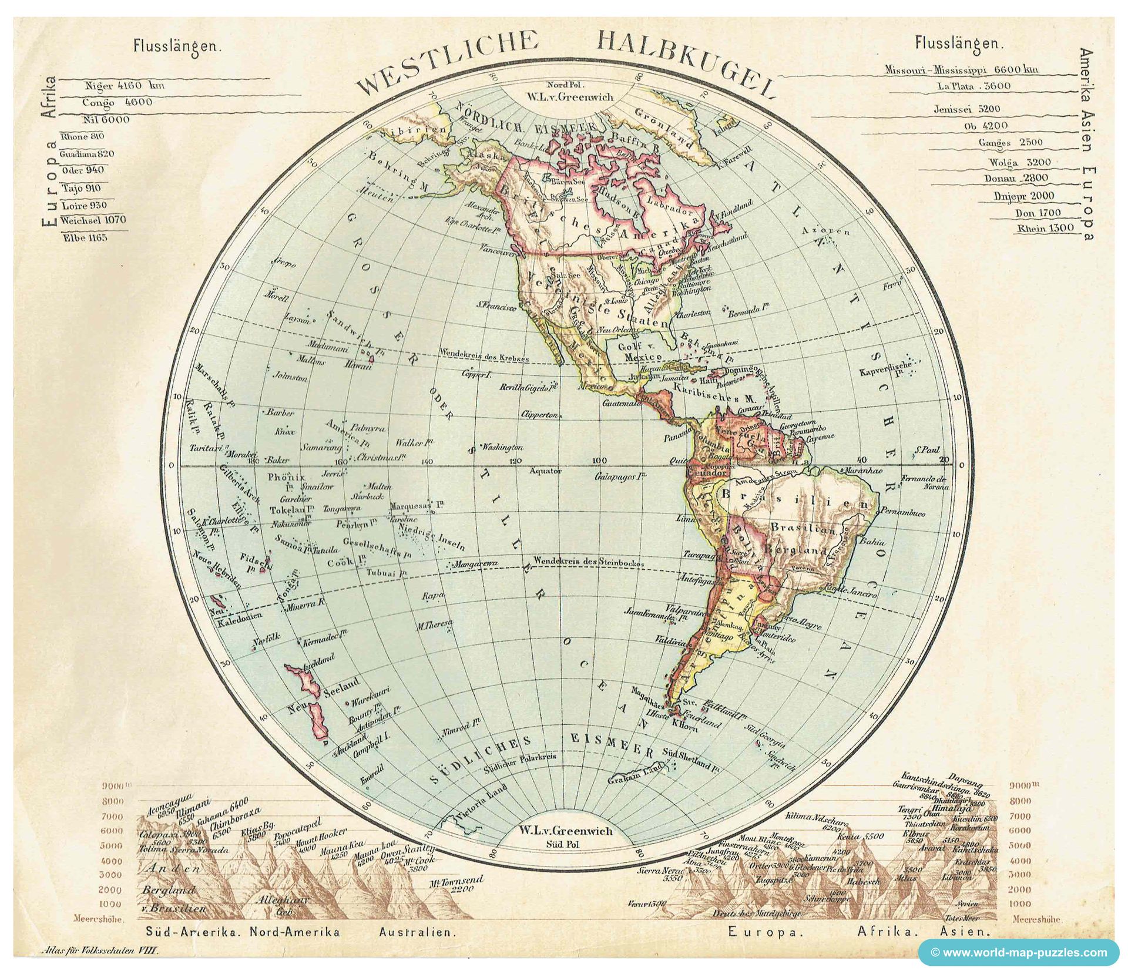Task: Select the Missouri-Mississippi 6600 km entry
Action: pyautogui.click(x=961, y=70)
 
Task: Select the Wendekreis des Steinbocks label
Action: pyautogui.click(x=589, y=562)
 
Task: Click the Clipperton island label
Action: pyautogui.click(x=540, y=415)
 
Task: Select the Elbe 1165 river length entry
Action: pyautogui.click(x=83, y=238)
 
